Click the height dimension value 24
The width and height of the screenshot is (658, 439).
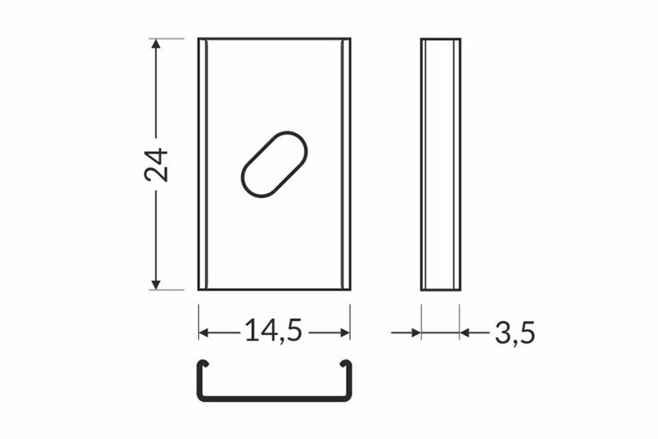click(157, 165)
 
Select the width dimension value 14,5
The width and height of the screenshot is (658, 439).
click(273, 331)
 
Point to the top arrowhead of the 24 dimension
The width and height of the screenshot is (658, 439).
click(156, 44)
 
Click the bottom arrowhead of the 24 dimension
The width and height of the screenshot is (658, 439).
click(156, 284)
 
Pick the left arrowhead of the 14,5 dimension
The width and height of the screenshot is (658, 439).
click(204, 333)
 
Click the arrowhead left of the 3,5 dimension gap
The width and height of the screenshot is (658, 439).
click(416, 333)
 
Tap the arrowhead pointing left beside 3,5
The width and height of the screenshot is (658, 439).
click(465, 333)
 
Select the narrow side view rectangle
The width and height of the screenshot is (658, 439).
click(440, 164)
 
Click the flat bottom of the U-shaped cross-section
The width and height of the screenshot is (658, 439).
click(274, 398)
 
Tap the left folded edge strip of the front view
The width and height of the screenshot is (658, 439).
click(203, 164)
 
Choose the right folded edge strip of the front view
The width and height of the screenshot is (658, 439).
click(345, 164)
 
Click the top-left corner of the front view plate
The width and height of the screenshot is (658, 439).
click(199, 39)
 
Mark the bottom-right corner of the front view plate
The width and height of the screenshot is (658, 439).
click(350, 289)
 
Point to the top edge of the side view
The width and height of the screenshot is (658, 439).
click(440, 39)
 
